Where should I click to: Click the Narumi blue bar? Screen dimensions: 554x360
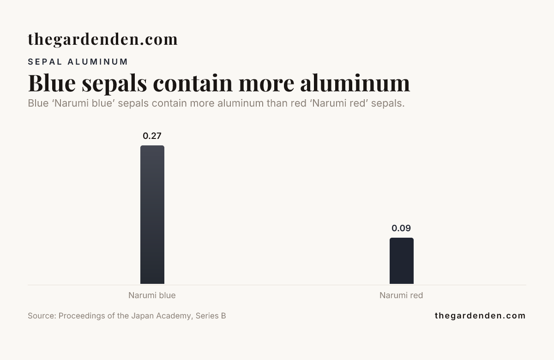pyautogui.click(x=152, y=215)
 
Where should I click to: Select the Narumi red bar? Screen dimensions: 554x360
pyautogui.click(x=401, y=261)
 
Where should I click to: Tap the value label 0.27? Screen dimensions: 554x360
pyautogui.click(x=152, y=136)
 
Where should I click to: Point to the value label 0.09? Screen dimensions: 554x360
pyautogui.click(x=401, y=228)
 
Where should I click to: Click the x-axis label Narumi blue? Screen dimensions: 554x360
pyautogui.click(x=152, y=295)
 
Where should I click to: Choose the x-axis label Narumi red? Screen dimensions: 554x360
pyautogui.click(x=401, y=295)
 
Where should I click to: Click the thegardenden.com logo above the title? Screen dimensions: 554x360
pyautogui.click(x=102, y=39)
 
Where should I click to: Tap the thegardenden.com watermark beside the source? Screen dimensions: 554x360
pyautogui.click(x=480, y=316)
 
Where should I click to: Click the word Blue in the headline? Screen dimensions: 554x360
pyautogui.click(x=52, y=83)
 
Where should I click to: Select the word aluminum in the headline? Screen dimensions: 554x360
pyautogui.click(x=355, y=83)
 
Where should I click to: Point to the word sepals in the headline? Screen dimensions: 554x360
pyautogui.click(x=114, y=84)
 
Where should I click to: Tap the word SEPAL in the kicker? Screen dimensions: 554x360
pyautogui.click(x=45, y=62)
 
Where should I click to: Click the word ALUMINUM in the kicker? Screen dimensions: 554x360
pyautogui.click(x=98, y=62)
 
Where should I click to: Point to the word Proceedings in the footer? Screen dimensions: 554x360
pyautogui.click(x=82, y=316)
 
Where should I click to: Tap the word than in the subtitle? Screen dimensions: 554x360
pyautogui.click(x=277, y=103)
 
